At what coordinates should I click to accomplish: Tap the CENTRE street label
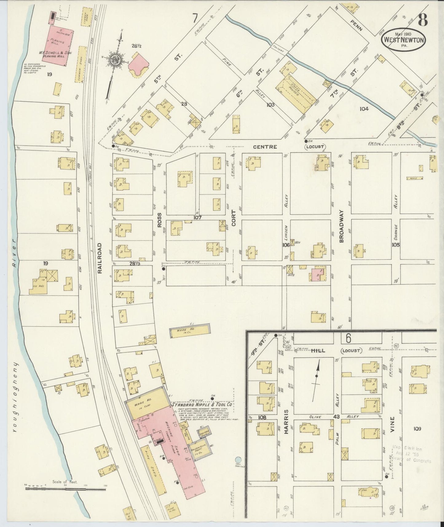pos(265,147)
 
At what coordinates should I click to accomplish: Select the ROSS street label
pos(159,220)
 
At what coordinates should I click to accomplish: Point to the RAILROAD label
pos(99,258)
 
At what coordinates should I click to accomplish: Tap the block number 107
pos(197,218)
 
